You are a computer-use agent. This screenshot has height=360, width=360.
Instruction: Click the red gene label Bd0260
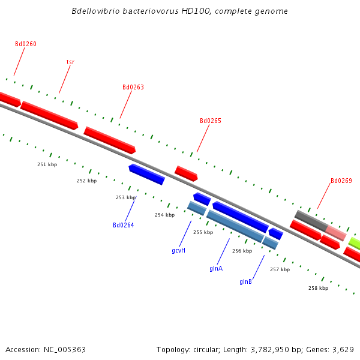(x=26, y=44)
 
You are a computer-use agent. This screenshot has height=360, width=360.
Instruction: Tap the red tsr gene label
(x=70, y=62)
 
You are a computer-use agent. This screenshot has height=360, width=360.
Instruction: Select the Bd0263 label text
(x=133, y=87)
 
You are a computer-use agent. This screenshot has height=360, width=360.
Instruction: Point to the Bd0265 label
(x=211, y=121)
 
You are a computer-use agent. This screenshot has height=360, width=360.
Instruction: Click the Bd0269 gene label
(x=341, y=181)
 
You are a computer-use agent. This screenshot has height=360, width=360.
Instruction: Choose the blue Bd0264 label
(x=124, y=226)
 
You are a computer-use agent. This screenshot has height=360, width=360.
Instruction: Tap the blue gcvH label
(x=178, y=250)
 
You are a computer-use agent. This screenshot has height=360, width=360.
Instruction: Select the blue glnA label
(x=216, y=268)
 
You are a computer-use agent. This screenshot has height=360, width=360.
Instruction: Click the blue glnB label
(x=246, y=281)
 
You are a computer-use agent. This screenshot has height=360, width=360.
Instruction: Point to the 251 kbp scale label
(x=47, y=164)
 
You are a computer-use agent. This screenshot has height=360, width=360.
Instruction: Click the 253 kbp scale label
(x=125, y=197)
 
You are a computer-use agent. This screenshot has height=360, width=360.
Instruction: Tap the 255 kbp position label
(x=203, y=232)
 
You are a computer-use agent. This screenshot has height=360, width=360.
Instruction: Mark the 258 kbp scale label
(x=318, y=288)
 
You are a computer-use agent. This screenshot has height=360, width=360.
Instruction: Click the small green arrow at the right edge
(x=355, y=243)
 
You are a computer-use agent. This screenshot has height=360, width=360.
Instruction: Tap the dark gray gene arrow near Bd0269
(x=310, y=220)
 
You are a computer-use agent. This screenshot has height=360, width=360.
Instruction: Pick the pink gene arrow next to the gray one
(x=336, y=233)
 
